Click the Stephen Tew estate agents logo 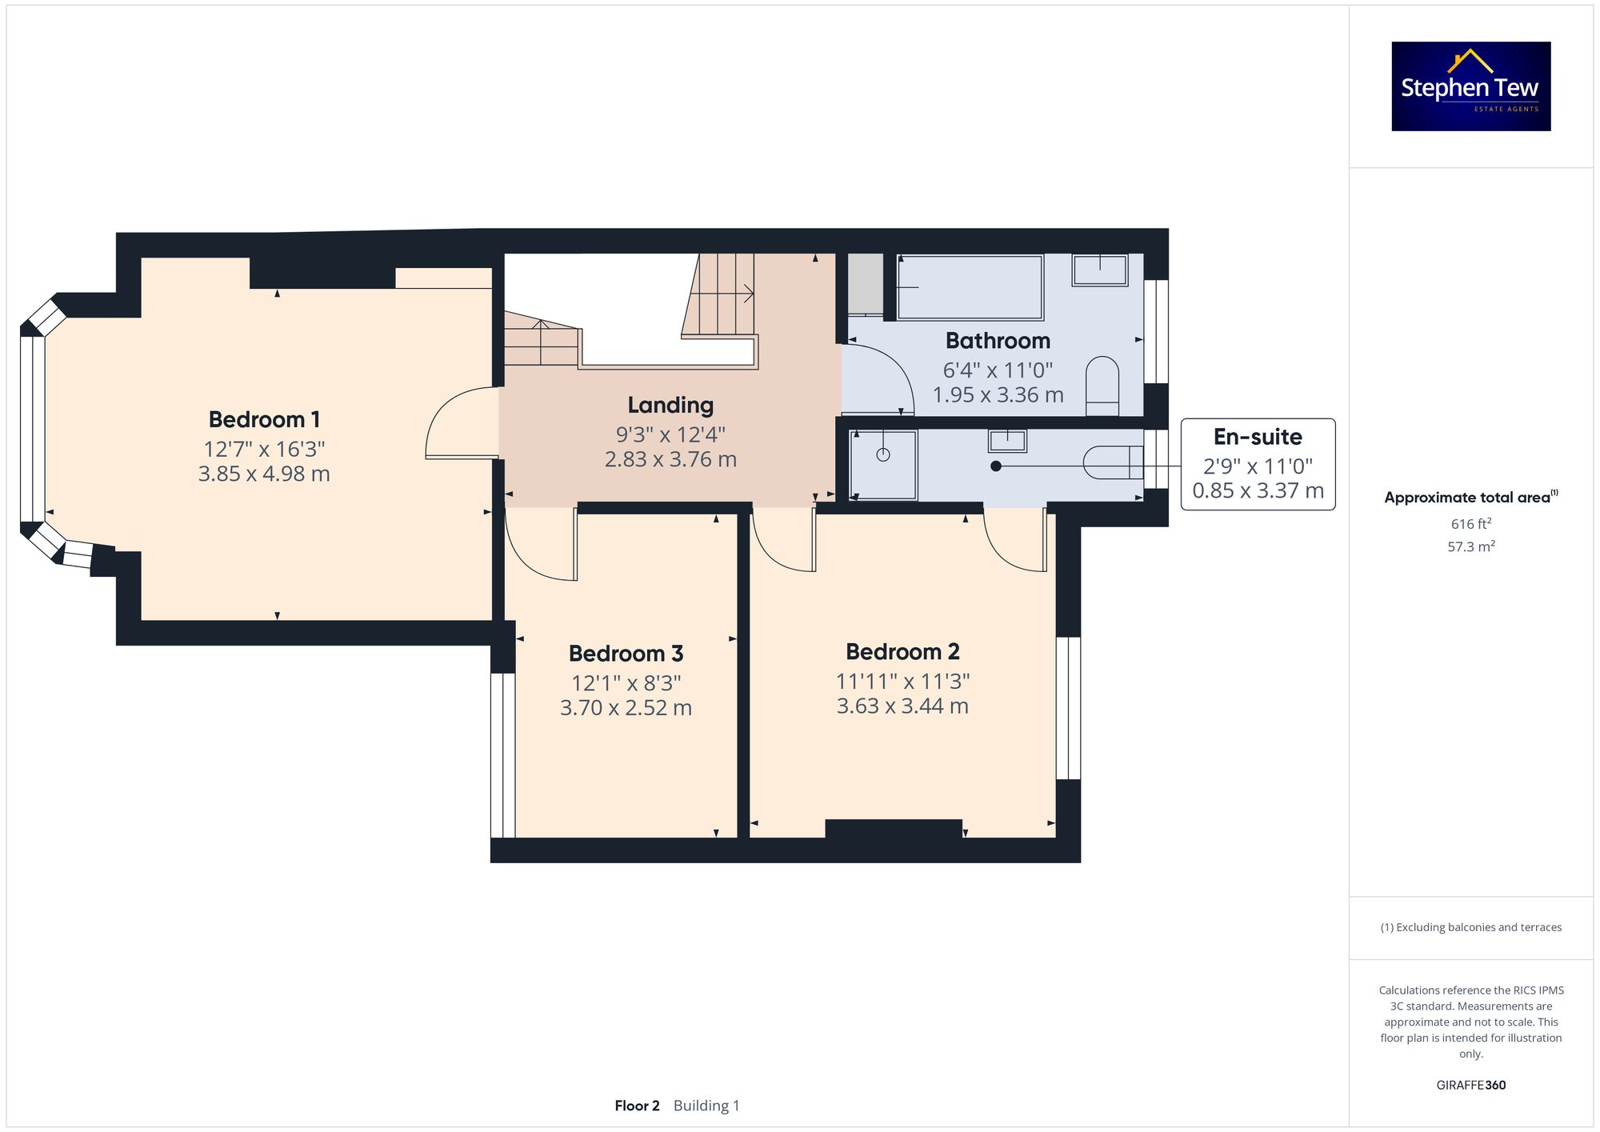point(1470,86)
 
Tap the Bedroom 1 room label point(264,419)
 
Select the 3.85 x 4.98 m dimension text point(264,474)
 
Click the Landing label point(670,405)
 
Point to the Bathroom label point(998,341)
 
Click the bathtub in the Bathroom point(970,287)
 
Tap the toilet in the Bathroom point(1102,385)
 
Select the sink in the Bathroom point(1100,270)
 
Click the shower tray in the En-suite point(883,465)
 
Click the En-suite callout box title point(1258,437)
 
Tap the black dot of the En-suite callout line point(996,466)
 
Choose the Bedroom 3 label point(626,654)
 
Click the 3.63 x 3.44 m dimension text point(902,706)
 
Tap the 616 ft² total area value point(1470,524)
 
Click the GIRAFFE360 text point(1470,1085)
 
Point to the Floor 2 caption point(637,1106)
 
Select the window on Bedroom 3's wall point(502,754)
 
